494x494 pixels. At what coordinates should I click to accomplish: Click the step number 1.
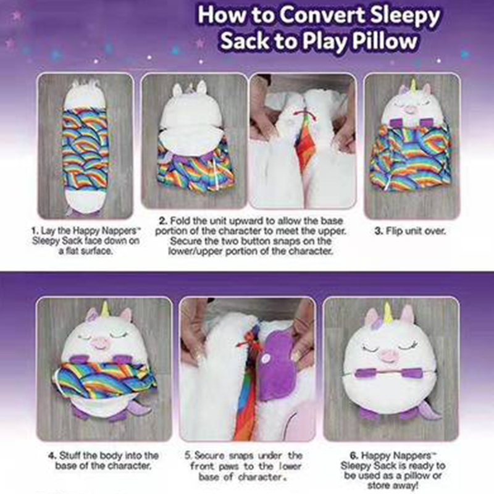(35, 231)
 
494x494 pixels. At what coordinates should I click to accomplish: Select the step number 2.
(163, 221)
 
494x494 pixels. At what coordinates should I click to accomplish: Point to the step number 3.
(379, 231)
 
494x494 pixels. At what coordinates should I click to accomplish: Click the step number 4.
(52, 456)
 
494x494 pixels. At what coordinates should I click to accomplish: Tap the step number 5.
(188, 456)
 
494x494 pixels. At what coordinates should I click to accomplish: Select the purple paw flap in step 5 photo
(275, 366)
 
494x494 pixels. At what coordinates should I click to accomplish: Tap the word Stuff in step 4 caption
(69, 456)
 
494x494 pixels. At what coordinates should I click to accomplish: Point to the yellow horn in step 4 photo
(106, 311)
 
